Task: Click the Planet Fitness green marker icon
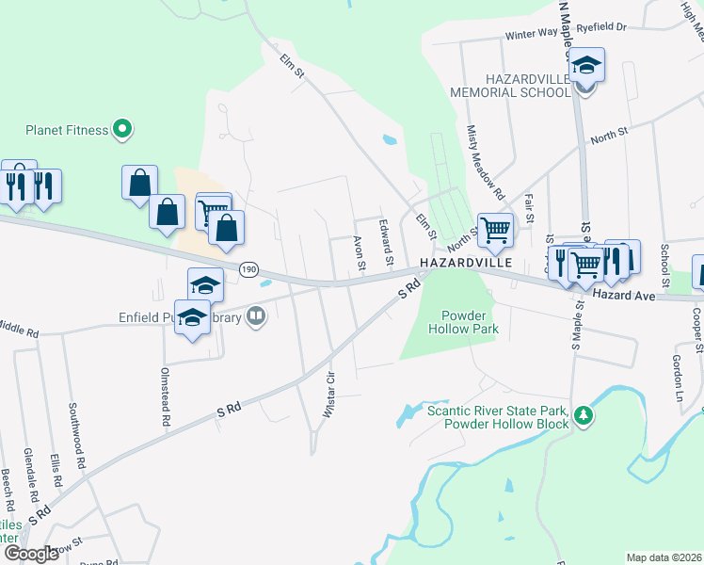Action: click(x=121, y=129)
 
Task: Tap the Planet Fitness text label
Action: click(x=67, y=130)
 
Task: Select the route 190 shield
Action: click(x=248, y=269)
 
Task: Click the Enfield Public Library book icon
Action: click(x=256, y=317)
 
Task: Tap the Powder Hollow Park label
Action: click(x=462, y=323)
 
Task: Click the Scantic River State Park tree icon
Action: click(x=584, y=415)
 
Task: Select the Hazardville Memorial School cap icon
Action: click(x=585, y=67)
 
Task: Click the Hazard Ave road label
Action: click(x=623, y=296)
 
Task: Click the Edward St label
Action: click(x=386, y=243)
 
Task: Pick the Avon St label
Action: click(x=360, y=252)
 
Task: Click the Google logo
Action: click(x=31, y=554)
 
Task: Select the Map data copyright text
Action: click(x=664, y=557)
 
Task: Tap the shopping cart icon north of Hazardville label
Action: click(x=494, y=229)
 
